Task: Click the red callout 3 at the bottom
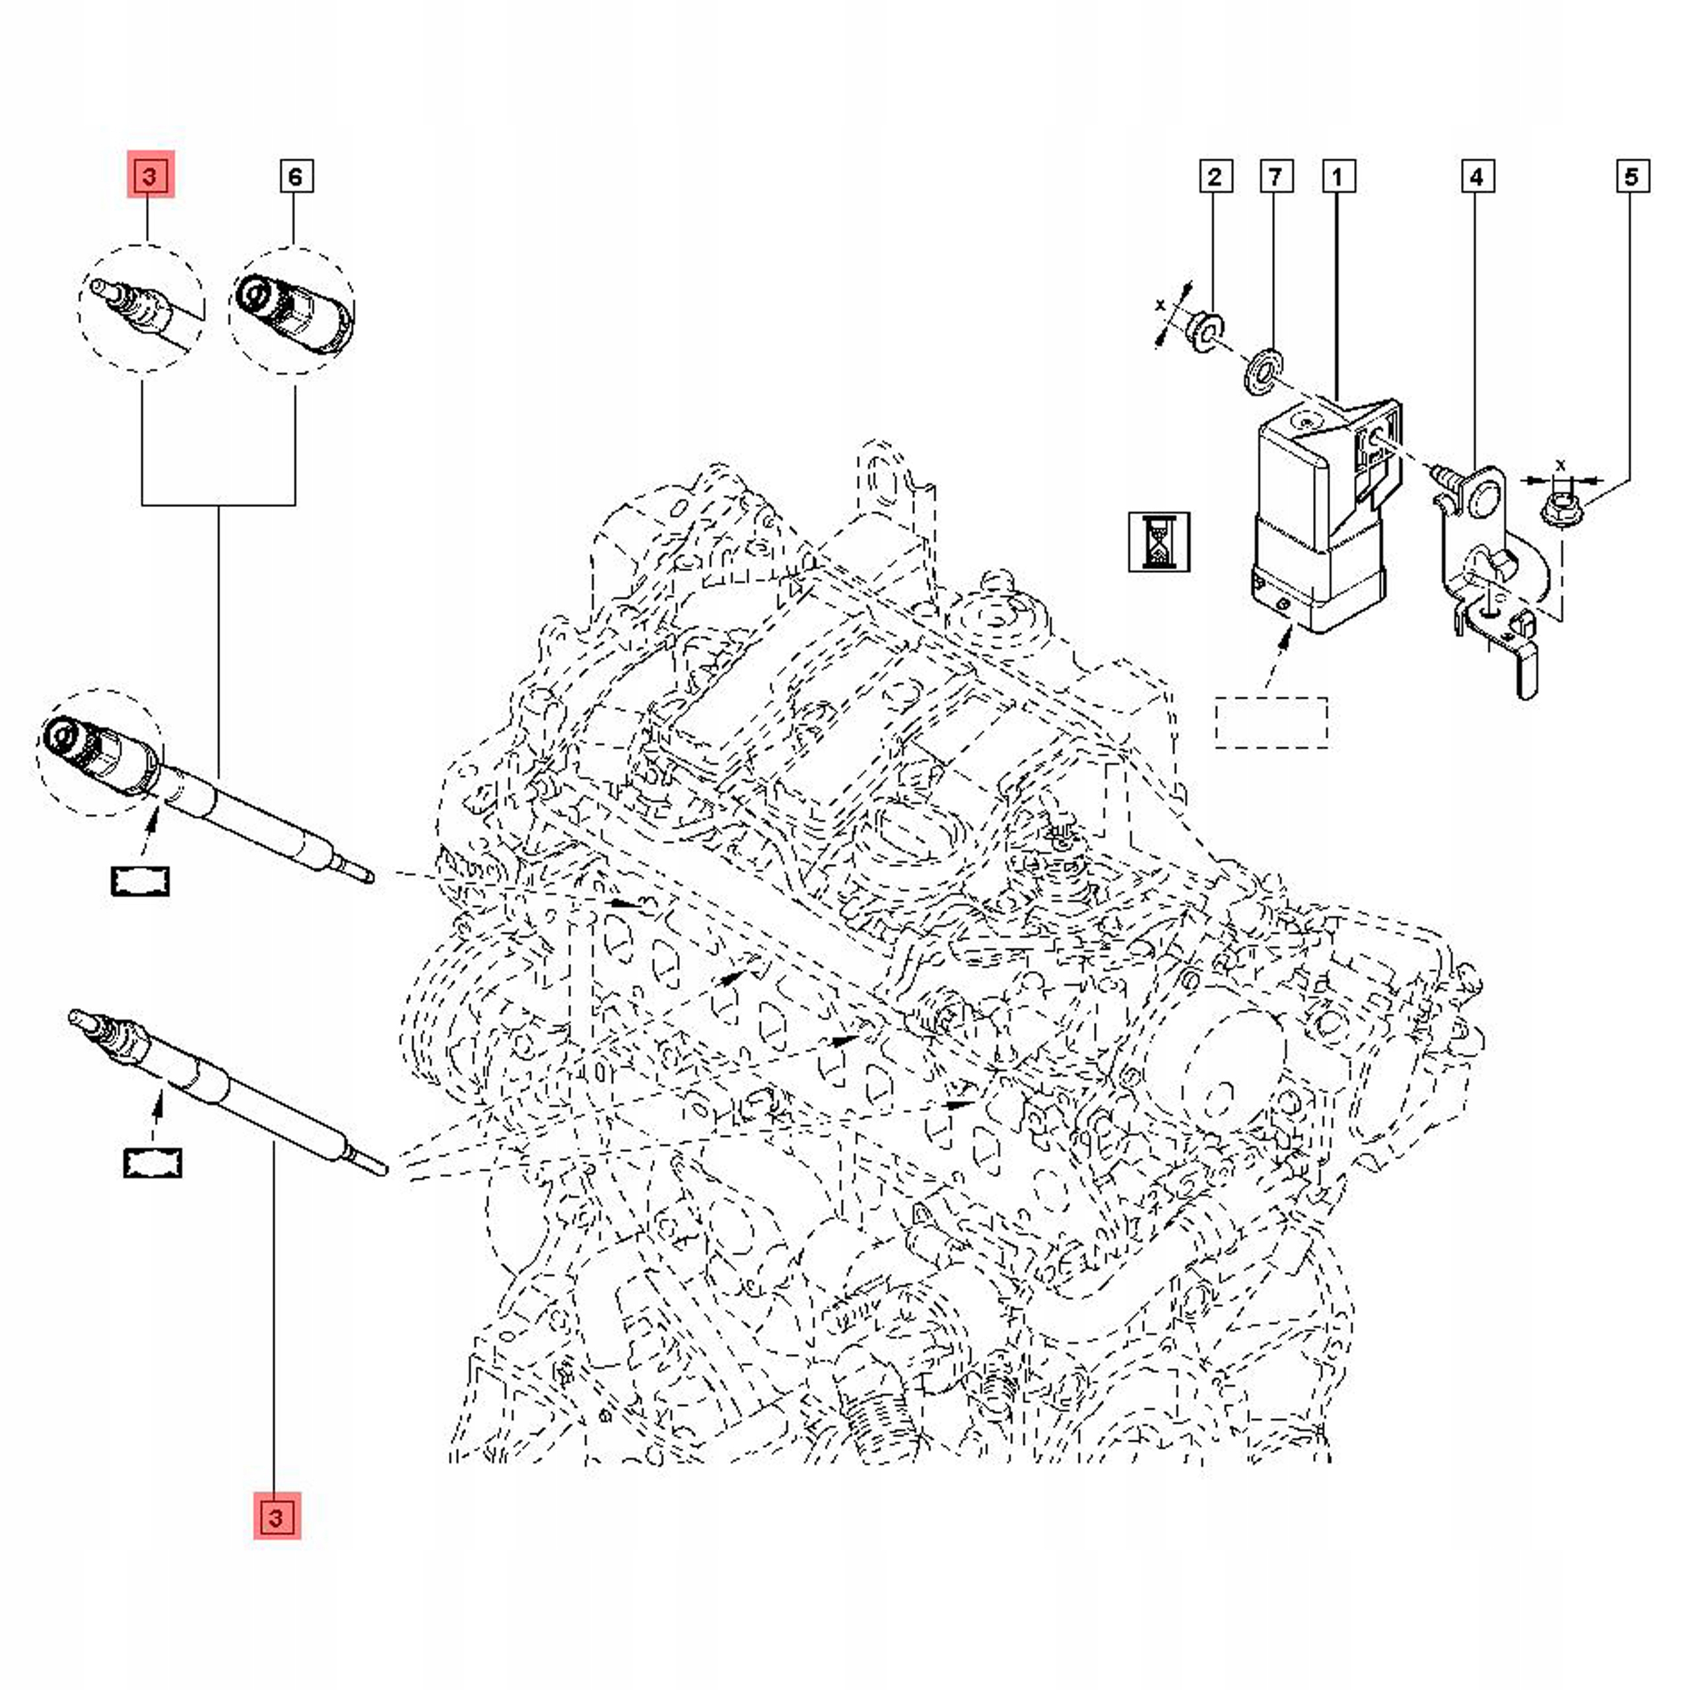[x=277, y=1515]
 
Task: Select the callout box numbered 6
[x=295, y=176]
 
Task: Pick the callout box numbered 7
[x=1275, y=176]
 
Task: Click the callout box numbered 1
[x=1337, y=176]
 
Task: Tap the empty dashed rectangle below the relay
[x=1271, y=722]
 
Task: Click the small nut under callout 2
[x=1205, y=331]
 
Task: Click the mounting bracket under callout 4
[x=1487, y=568]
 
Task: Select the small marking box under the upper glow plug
[x=140, y=881]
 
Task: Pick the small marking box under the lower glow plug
[x=152, y=1163]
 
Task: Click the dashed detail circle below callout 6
[x=292, y=312]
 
